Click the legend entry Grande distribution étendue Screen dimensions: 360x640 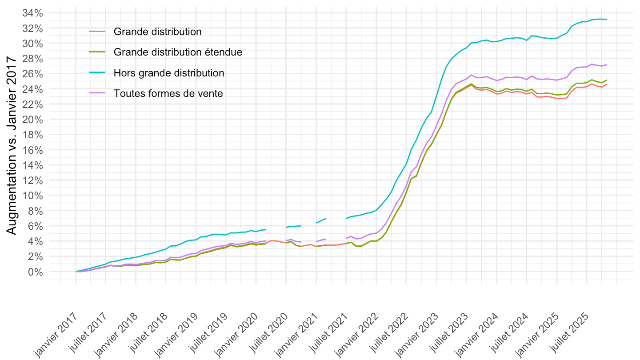click(178, 52)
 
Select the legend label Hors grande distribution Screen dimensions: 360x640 click(169, 73)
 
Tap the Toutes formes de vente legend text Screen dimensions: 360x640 click(168, 93)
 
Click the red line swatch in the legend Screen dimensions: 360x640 click(97, 32)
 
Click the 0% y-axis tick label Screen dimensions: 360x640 click(36, 272)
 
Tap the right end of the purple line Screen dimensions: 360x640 click(607, 64)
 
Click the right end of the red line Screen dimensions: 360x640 click(607, 84)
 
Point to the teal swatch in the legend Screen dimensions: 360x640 click(97, 73)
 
